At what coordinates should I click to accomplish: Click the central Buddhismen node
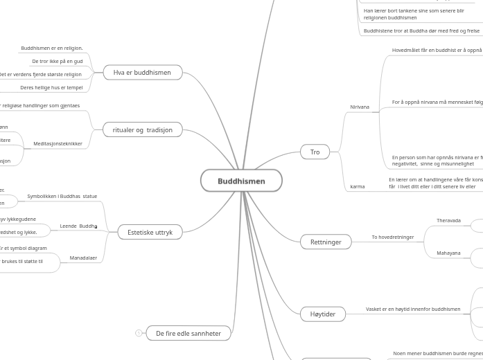[241, 181]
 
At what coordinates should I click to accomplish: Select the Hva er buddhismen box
[142, 72]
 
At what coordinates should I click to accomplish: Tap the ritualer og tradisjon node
[142, 129]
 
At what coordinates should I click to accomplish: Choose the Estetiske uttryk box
[150, 232]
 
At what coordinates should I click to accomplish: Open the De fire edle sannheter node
[188, 333]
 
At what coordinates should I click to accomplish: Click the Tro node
[315, 152]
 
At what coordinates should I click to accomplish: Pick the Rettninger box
[326, 242]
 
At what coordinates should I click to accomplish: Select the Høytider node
[322, 314]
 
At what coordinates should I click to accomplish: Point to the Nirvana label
[360, 107]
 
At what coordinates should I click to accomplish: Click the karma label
[358, 186]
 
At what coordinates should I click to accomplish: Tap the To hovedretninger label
[392, 237]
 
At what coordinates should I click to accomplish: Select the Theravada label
[448, 221]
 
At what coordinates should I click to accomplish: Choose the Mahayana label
[448, 253]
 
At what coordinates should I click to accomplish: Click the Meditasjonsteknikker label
[58, 144]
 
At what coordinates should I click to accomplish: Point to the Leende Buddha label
[78, 226]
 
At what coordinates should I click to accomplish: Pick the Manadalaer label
[83, 258]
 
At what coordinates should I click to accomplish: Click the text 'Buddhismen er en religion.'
[51, 48]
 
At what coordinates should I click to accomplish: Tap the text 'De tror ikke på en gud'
[57, 62]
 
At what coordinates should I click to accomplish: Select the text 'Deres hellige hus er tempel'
[51, 88]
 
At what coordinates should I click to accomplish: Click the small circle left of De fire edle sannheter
[139, 333]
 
